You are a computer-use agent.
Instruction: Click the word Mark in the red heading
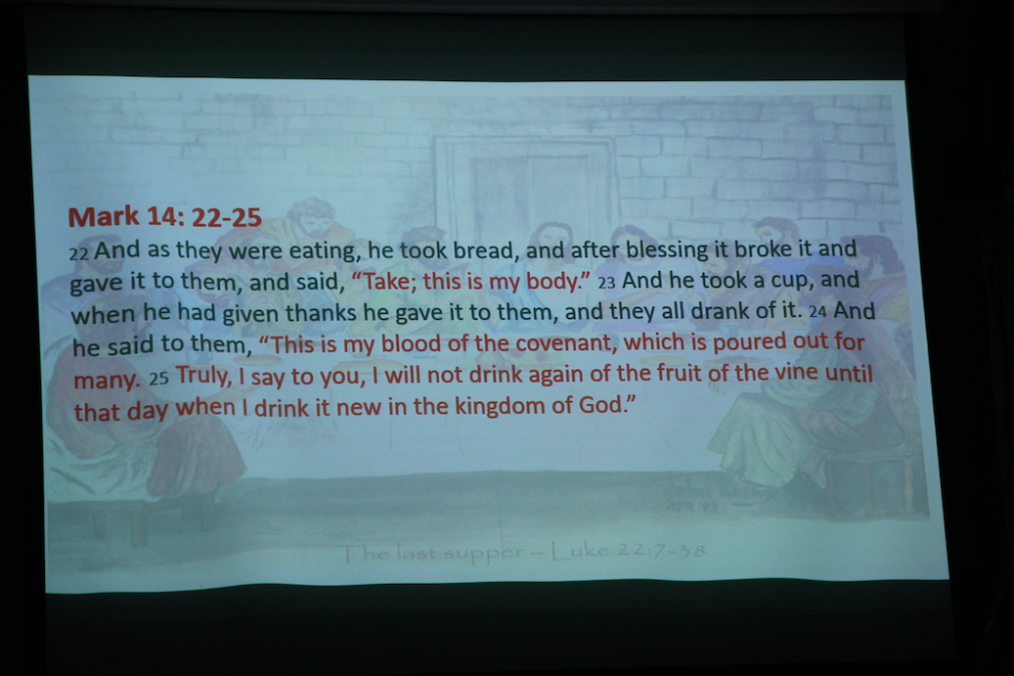pyautogui.click(x=104, y=217)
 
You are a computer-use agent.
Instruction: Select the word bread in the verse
pyautogui.click(x=485, y=249)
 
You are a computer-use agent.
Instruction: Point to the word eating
pyautogui.click(x=325, y=251)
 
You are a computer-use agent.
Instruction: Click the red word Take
pyautogui.click(x=388, y=282)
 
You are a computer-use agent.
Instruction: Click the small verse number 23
pyautogui.click(x=606, y=284)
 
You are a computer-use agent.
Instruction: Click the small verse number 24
pyautogui.click(x=817, y=312)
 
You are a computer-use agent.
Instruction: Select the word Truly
pyautogui.click(x=203, y=376)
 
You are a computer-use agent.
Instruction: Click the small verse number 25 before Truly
pyautogui.click(x=158, y=379)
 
